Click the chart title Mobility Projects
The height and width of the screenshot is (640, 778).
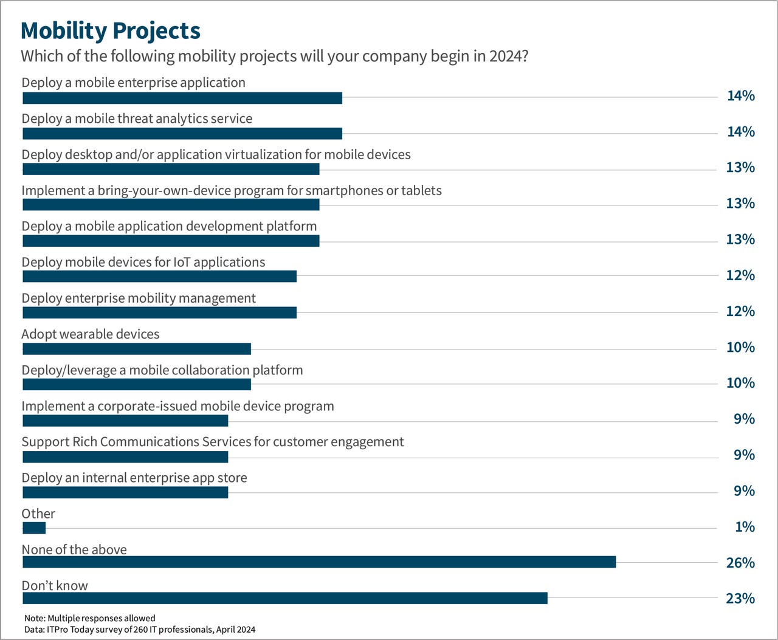[x=110, y=30]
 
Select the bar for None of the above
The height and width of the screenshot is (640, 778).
[x=319, y=562]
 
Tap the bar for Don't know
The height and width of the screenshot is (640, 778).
[x=284, y=598]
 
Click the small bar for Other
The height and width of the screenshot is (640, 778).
[x=34, y=528]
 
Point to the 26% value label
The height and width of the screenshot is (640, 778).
[x=740, y=563]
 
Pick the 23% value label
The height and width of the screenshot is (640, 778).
[x=740, y=599]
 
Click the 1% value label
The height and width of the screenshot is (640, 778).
[x=745, y=527]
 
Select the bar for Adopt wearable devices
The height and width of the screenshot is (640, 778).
[x=137, y=349]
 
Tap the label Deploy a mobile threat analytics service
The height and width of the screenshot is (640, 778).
[x=137, y=119]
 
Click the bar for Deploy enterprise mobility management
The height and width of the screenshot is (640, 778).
[x=159, y=312]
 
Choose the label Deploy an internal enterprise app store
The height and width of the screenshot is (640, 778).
[x=134, y=478]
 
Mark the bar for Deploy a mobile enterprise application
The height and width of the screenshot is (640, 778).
[x=182, y=98]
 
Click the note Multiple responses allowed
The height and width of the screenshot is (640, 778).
[x=90, y=618]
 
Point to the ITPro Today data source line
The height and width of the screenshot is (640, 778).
[x=140, y=630]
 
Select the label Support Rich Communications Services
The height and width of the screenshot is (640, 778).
[x=213, y=442]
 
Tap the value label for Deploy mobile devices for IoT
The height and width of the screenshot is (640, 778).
[x=740, y=275]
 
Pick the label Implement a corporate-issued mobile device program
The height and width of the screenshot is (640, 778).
[x=177, y=406]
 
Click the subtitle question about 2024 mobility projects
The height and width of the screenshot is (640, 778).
[x=274, y=57]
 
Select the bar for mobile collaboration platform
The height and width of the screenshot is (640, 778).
[x=137, y=385]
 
